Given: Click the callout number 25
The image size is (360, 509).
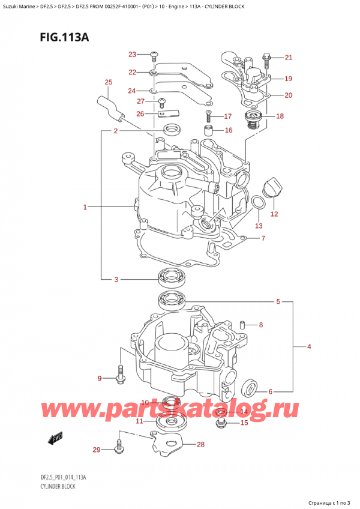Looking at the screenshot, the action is pos(108,82).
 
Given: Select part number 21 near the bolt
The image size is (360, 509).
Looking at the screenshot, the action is pos(288,58).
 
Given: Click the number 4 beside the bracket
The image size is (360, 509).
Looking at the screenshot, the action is pos(308,347).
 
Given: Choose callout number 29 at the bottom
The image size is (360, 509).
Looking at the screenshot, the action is pos(96,449).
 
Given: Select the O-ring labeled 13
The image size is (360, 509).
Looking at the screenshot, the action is pos(256,204).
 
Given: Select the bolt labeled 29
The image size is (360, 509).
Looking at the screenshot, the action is pos(119,447).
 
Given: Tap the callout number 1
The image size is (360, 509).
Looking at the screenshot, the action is pos(85,208).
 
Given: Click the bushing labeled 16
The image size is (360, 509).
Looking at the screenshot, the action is pos(208,131).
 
